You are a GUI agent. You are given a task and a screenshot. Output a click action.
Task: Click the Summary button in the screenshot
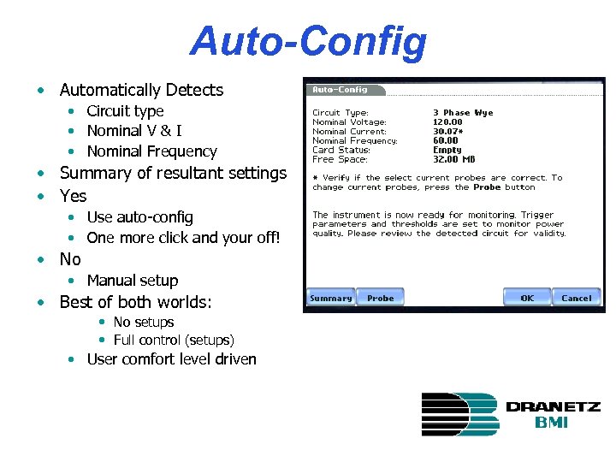pyautogui.click(x=331, y=298)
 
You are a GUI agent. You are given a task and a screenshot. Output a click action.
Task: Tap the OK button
pyautogui.click(x=527, y=298)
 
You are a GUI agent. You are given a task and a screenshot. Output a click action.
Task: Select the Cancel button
pyautogui.click(x=576, y=298)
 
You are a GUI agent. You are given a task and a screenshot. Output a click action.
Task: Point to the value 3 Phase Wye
pyautogui.click(x=463, y=113)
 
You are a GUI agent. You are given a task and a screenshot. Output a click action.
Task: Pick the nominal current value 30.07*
pyautogui.click(x=451, y=132)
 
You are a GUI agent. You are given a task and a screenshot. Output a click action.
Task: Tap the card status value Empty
pyautogui.click(x=447, y=151)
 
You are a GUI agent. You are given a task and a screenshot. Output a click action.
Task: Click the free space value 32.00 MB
pyautogui.click(x=455, y=160)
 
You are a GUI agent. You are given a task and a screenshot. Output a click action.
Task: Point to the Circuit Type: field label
pyautogui.click(x=341, y=113)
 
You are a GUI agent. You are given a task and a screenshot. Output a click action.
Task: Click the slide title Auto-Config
pyautogui.click(x=308, y=40)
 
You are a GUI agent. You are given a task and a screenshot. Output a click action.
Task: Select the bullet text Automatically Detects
pyautogui.click(x=141, y=90)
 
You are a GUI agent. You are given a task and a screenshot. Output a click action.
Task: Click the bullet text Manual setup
pyautogui.click(x=133, y=281)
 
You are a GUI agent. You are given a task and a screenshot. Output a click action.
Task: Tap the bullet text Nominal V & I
pyautogui.click(x=133, y=131)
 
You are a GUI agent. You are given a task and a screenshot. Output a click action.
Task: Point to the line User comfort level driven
pyautogui.click(x=171, y=359)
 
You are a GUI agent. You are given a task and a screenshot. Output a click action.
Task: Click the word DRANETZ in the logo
pyautogui.click(x=553, y=406)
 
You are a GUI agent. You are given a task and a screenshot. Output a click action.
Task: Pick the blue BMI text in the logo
pyautogui.click(x=552, y=423)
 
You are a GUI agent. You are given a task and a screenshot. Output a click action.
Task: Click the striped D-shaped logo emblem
pyautogui.click(x=459, y=414)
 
